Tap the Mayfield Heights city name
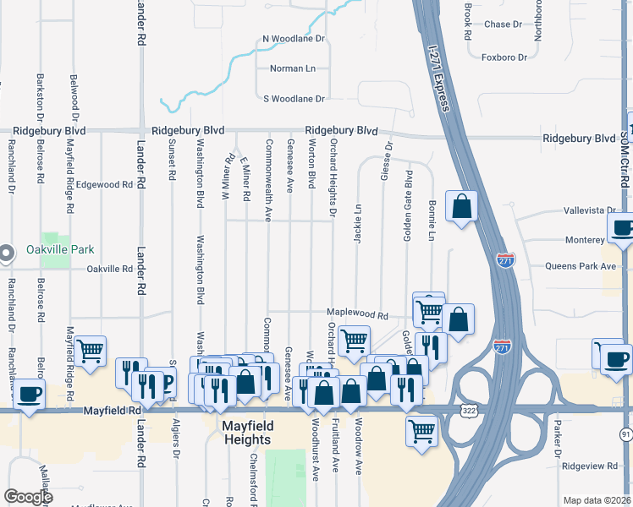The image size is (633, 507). pos(247,433)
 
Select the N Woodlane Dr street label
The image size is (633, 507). pos(294,39)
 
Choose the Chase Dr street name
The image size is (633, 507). pos(504,25)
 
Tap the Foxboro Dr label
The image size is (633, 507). pos(504,57)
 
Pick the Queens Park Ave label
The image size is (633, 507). pos(585,265)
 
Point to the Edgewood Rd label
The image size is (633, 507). pos(105,184)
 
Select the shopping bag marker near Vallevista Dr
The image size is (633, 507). pos(461,206)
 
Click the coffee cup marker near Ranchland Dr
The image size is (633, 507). pos(29,394)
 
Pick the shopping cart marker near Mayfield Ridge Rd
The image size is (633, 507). pos(91,351)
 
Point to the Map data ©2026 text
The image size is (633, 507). pos(597,500)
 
